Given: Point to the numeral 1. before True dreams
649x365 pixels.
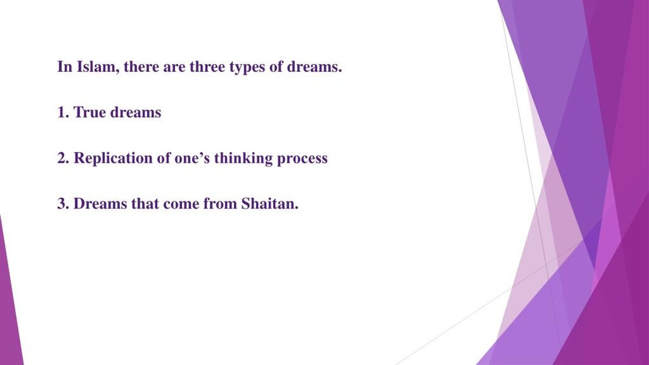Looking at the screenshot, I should pos(63,112).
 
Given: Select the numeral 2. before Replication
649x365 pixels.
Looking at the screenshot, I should pos(63,158).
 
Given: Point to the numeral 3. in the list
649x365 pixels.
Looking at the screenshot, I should pos(63,204).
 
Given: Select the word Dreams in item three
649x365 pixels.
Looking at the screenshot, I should pos(97,204).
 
